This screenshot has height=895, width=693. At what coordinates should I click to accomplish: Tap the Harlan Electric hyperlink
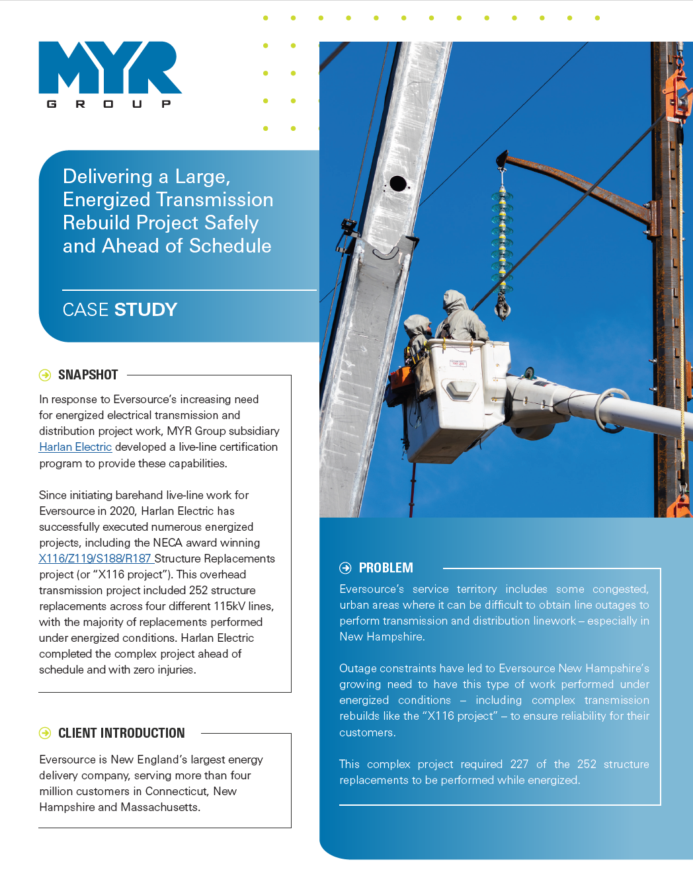click(75, 448)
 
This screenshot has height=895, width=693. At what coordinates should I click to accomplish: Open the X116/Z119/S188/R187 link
click(95, 559)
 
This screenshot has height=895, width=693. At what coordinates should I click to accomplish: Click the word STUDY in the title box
click(146, 310)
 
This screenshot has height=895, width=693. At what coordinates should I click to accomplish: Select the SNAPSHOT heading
click(88, 375)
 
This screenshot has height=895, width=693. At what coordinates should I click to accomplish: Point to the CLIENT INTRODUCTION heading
click(121, 733)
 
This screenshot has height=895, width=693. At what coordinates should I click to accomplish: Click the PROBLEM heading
click(386, 568)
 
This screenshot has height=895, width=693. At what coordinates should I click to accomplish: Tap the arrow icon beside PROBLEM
click(345, 568)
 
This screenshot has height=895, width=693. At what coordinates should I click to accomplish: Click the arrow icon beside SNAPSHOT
click(45, 375)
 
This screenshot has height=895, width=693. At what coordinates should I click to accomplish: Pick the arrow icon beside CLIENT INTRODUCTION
click(45, 733)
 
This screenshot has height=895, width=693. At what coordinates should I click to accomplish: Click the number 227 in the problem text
click(519, 764)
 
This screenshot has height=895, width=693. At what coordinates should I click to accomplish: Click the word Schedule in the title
click(230, 246)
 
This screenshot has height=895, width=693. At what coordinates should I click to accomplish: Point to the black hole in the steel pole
click(398, 183)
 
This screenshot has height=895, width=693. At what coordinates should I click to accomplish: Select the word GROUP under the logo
click(109, 104)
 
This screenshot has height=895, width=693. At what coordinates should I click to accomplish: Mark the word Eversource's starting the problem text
click(371, 589)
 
